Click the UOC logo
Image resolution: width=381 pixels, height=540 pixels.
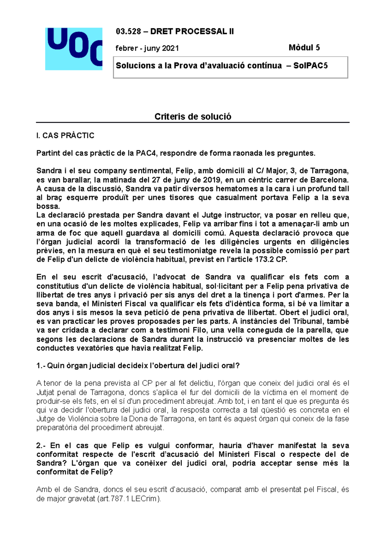tap(74, 49)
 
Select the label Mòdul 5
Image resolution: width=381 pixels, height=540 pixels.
tap(304, 48)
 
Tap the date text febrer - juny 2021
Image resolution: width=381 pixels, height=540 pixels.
tap(147, 48)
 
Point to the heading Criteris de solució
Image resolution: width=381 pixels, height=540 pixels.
tap(193, 116)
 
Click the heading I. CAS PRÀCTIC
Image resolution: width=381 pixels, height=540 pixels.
tap(65, 135)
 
